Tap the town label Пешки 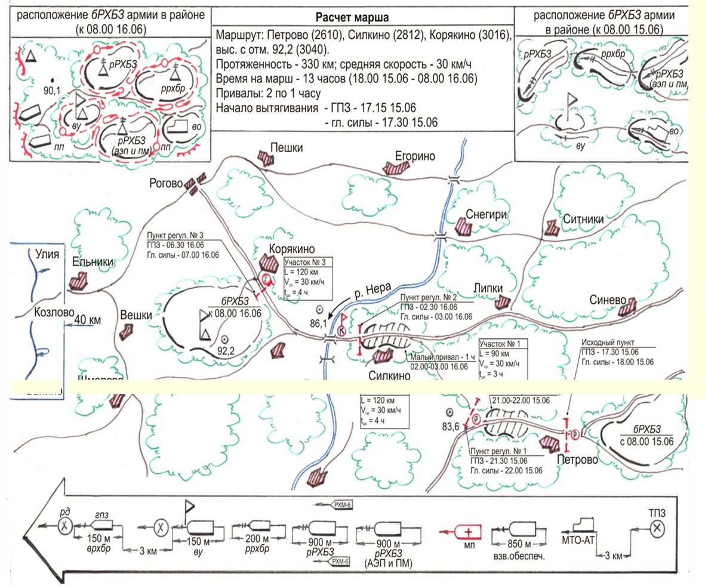point(286,147)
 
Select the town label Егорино point(415,156)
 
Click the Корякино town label point(292,249)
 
